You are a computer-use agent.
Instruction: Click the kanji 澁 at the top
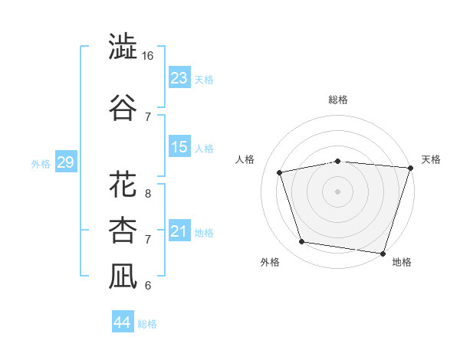coord(123,46)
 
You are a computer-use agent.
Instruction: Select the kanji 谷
coord(123,107)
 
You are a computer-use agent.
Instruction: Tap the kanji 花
coord(123,184)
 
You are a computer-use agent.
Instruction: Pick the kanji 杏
coord(123,230)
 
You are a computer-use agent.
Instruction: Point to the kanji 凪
coord(123,277)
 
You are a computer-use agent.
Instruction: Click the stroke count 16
coord(147,56)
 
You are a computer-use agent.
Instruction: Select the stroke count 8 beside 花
coord(148,194)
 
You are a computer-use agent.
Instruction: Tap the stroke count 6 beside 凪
coord(148,286)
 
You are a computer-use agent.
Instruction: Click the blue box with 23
coord(179,77)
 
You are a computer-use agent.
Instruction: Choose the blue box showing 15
coord(179,146)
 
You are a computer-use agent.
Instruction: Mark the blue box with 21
coord(179,230)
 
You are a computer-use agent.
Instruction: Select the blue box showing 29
coord(66,162)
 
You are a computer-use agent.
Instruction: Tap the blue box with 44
coord(123,321)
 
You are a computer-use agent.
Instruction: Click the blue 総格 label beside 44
coord(147,324)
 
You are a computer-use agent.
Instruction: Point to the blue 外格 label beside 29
coord(41,164)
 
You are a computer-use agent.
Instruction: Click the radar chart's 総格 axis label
coord(338,100)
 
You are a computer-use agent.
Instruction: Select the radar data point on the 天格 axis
coord(411,168)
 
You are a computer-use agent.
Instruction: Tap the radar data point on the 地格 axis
coord(383,254)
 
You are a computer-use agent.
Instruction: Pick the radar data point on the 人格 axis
coord(280,172)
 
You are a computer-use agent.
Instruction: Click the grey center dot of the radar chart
coord(337,191)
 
